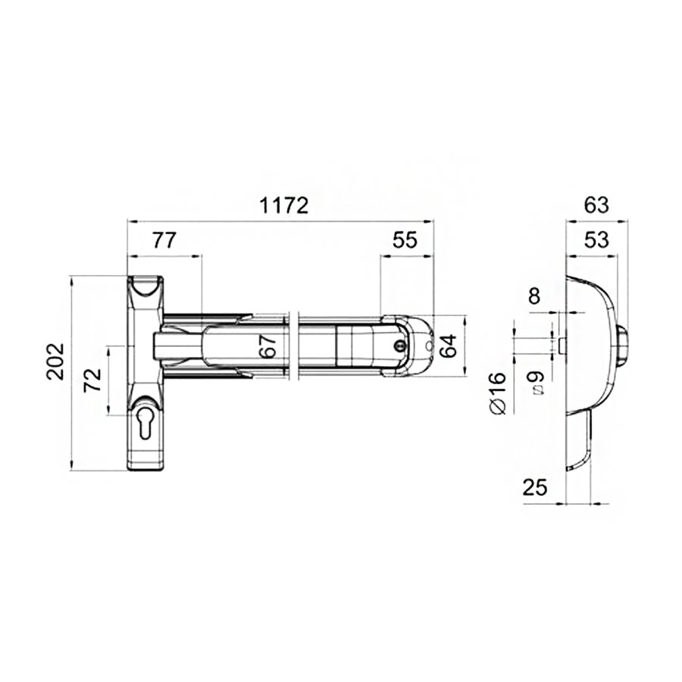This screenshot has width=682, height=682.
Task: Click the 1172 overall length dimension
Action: (x=284, y=205)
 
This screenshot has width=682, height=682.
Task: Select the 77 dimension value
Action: (x=164, y=240)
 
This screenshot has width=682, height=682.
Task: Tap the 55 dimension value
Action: (x=405, y=240)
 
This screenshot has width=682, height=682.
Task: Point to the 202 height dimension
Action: (x=55, y=361)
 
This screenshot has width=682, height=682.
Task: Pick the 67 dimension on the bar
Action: (x=270, y=346)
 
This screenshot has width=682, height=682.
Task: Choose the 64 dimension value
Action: (x=448, y=346)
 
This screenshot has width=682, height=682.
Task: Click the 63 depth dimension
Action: (x=596, y=205)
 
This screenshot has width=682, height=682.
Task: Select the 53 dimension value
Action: (x=596, y=240)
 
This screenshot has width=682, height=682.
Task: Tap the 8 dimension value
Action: (x=534, y=296)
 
